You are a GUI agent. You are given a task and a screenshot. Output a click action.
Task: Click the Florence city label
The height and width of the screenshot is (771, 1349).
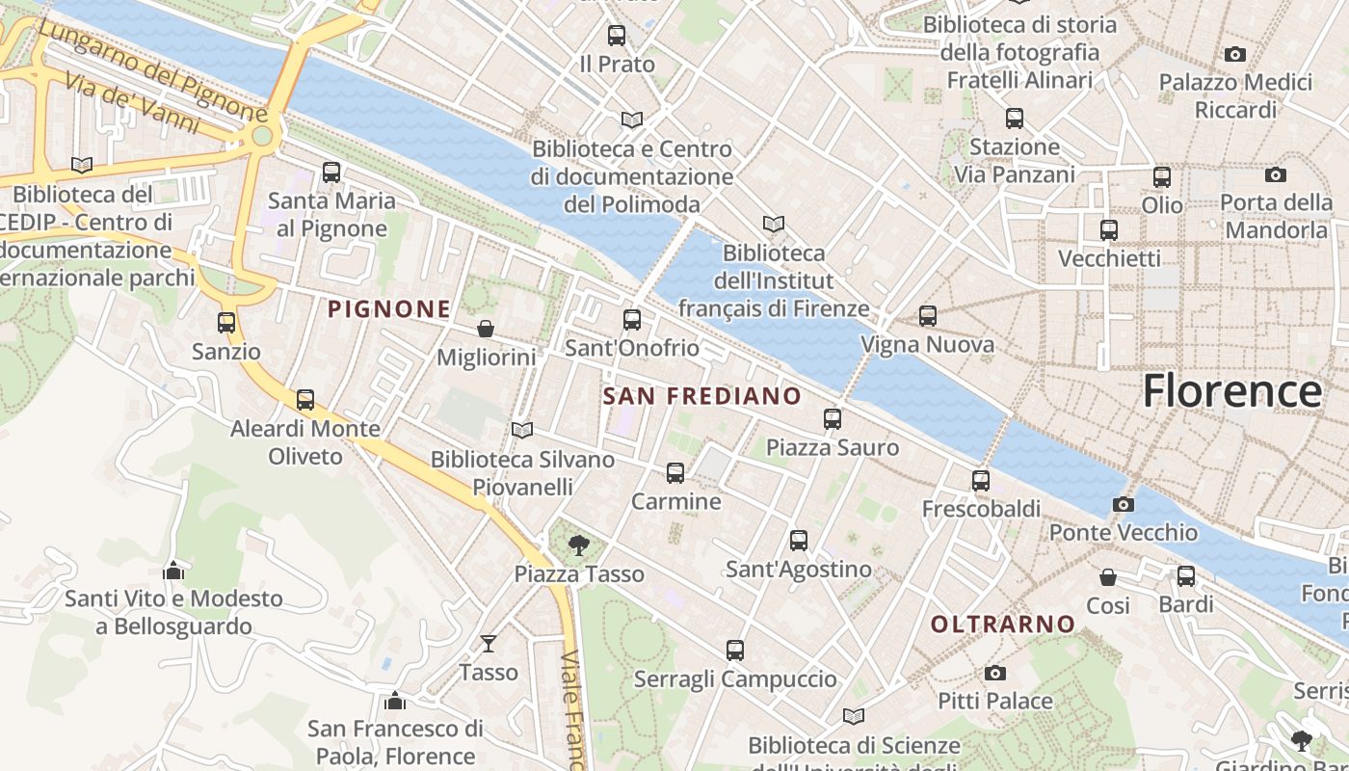click(x=1231, y=391)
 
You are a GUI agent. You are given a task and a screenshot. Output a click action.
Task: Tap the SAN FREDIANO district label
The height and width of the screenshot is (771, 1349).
click(x=702, y=396)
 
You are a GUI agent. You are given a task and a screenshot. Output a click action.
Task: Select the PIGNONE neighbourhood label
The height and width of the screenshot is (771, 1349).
click(x=389, y=309)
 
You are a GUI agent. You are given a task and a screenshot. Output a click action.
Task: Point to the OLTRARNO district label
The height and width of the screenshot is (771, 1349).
click(x=1002, y=625)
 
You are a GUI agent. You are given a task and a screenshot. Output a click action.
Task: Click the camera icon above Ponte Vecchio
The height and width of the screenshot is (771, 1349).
click(x=1123, y=504)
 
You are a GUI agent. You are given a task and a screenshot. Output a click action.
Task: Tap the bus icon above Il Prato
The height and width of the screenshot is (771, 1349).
click(x=616, y=36)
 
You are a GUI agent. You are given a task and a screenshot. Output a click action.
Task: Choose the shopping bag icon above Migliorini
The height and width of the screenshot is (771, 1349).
click(x=486, y=329)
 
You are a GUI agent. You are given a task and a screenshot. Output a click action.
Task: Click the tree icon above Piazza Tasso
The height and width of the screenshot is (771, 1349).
click(x=578, y=545)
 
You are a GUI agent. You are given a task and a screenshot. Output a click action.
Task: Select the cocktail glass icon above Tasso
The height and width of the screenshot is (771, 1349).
click(x=489, y=643)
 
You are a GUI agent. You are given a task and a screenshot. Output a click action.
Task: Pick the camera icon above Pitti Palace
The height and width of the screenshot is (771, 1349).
click(x=995, y=673)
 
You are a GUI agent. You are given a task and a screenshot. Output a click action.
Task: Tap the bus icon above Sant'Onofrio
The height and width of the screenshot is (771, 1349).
click(x=632, y=319)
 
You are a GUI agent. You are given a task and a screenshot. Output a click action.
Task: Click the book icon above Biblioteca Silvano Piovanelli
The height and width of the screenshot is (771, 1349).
click(x=522, y=430)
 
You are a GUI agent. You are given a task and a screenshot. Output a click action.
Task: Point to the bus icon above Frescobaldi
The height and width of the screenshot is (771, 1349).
click(x=981, y=480)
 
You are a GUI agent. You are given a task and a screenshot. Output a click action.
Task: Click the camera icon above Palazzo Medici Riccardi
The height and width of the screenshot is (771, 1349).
click(x=1235, y=54)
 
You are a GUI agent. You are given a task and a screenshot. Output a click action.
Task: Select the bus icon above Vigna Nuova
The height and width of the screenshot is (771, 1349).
click(x=927, y=315)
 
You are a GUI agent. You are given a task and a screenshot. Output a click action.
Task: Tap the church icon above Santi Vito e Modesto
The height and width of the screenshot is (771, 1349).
click(x=173, y=571)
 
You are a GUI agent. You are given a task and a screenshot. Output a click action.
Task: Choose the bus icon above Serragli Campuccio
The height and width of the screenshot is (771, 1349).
click(x=735, y=651)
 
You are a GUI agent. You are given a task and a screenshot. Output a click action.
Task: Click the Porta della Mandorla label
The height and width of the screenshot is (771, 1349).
click(x=1276, y=216)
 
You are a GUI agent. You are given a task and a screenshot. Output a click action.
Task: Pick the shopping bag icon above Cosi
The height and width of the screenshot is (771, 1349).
click(x=1108, y=577)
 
